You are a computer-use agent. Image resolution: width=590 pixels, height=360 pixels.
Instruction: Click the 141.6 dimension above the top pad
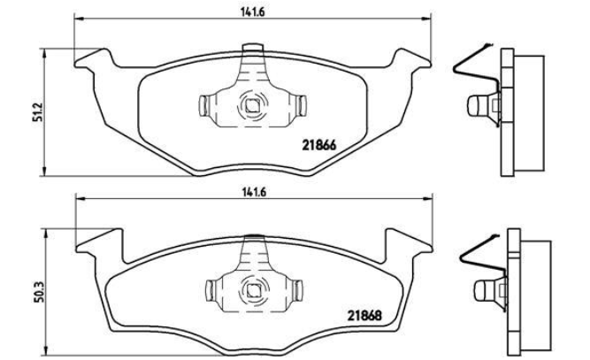252,12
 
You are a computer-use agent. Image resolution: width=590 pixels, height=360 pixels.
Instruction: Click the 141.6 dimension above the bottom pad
254,192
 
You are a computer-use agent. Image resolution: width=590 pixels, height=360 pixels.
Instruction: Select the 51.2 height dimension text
41,111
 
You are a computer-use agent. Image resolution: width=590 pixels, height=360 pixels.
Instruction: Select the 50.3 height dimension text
41,292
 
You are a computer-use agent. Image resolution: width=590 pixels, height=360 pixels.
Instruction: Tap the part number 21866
319,145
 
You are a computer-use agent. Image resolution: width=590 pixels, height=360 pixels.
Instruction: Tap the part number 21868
364,315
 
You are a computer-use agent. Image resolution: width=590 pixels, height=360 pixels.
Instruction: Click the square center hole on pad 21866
251,106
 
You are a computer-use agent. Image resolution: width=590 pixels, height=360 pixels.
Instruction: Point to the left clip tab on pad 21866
203,105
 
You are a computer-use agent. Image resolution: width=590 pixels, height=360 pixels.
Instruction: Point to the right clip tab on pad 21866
301,105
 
